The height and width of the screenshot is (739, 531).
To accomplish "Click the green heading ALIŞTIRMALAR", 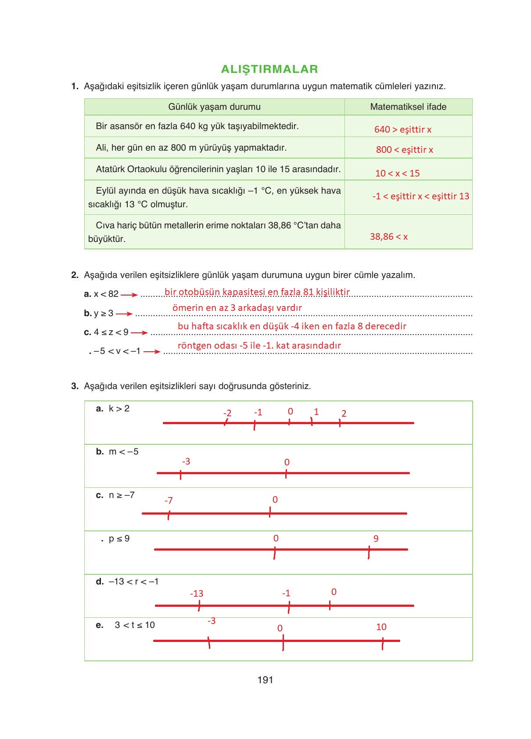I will point(269,69).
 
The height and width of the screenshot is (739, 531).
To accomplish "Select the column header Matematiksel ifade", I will point(408,107).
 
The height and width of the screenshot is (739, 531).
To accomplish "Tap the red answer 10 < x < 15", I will point(397,173).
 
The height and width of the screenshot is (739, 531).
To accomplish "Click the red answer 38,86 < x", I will point(388,237).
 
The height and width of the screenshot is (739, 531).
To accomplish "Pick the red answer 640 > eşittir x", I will point(402,130).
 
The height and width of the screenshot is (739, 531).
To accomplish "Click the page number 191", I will point(265,680).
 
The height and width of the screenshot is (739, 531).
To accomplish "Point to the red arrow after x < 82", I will point(129,295).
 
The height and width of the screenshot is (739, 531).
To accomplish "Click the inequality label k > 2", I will point(119,408).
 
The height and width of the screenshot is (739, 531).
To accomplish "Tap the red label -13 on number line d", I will point(197,594).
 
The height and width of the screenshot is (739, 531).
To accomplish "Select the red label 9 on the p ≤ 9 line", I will point(376,539).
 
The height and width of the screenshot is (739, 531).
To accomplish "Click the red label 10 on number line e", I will point(381,627).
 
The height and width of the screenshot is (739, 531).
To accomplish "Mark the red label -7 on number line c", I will point(169,501).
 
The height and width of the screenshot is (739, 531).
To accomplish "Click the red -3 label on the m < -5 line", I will point(186,461).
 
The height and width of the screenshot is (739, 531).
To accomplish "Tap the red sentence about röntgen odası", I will point(259,346).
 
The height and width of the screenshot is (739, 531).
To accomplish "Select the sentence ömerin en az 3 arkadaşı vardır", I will point(237,308).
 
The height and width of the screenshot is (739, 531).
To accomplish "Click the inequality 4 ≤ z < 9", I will point(111,332).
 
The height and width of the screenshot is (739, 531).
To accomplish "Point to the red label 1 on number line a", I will point(316,412).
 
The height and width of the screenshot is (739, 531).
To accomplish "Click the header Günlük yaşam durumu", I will point(214,107).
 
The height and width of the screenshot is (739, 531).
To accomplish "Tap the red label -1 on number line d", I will point(286,593).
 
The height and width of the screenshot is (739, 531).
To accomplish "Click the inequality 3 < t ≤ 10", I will point(135,625).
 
